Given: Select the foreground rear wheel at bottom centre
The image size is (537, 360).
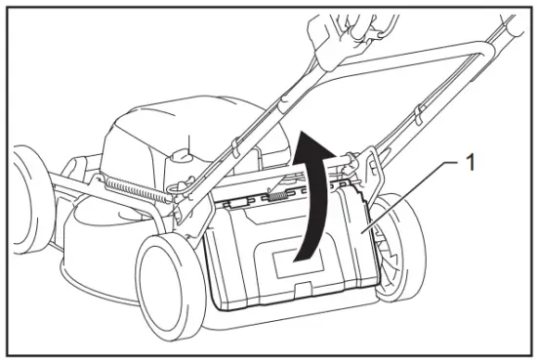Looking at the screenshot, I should (173, 279).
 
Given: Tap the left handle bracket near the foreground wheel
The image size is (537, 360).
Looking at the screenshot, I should (185, 205).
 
